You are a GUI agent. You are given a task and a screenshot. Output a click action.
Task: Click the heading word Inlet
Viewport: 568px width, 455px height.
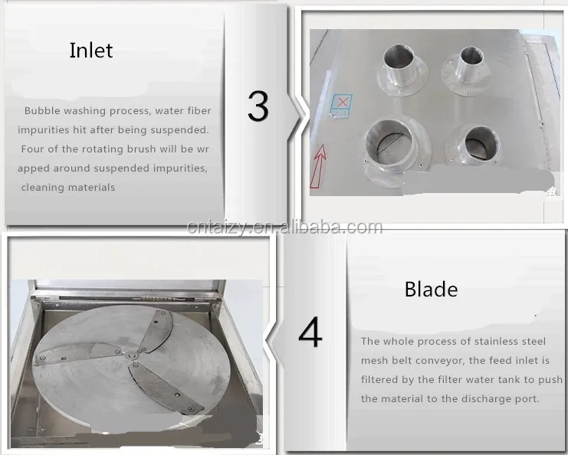pos(91,51)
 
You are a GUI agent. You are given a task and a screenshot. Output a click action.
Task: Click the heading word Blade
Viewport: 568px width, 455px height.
pos(431,290)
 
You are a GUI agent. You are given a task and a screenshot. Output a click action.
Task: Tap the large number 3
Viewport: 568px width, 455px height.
pos(258,106)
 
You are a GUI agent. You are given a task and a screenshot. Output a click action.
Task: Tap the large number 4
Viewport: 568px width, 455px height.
pos(310,332)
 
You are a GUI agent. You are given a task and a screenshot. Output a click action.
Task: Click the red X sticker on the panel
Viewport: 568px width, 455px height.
pos(342,102)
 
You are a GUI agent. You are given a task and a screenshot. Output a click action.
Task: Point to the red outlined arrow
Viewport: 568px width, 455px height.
pos(318,165)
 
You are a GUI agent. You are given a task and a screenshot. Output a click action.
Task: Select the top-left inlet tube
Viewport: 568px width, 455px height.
pos(402,70)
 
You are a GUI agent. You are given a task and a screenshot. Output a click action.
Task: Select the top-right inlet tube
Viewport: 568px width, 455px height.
pos(467,71)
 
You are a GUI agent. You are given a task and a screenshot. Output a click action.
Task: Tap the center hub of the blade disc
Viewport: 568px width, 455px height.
pos(132,355)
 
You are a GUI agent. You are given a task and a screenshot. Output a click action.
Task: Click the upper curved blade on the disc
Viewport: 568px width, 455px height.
pos(156,330)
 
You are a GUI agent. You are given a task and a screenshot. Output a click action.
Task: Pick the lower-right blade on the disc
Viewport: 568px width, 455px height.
pos(166,388)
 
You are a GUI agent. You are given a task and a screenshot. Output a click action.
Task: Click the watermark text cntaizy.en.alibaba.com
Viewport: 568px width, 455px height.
pos(284,227)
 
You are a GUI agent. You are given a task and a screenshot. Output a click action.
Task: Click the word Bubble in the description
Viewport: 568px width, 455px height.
pos(42,111)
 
